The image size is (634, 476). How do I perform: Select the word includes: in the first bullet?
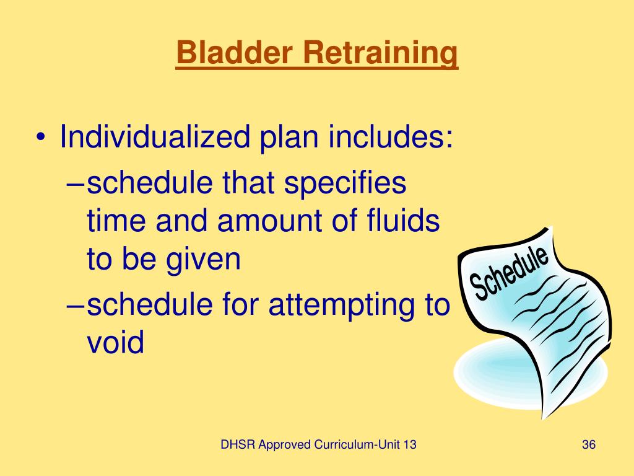point(391,137)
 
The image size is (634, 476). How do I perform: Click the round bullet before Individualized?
point(40,138)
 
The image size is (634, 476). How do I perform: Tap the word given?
point(204,260)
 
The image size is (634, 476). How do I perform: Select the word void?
point(115,342)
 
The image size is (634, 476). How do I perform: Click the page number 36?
point(589,445)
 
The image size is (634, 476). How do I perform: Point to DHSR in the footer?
point(238,445)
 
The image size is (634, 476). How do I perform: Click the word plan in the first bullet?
point(287,137)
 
